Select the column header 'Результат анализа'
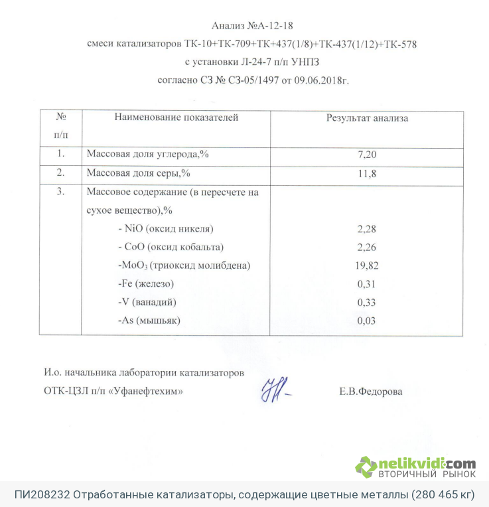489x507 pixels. coord(367,118)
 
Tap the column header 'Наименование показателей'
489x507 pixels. coord(176,118)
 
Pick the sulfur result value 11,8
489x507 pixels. coord(367,174)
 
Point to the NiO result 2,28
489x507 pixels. coord(367,230)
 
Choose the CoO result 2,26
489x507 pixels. coord(367,248)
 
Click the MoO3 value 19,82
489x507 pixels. coord(367,266)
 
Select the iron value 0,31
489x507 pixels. coord(367,284)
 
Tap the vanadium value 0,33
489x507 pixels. coord(367,303)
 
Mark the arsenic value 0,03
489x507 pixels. coord(367,321)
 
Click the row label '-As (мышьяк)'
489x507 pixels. coord(149,321)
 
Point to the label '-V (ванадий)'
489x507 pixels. coord(147,303)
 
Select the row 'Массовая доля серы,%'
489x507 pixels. coord(139,174)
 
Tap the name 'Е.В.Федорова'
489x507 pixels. coord(370,392)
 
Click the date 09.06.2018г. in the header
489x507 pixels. coord(316,80)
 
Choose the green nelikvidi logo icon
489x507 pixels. coord(366,467)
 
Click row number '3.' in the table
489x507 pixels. coord(61,192)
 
